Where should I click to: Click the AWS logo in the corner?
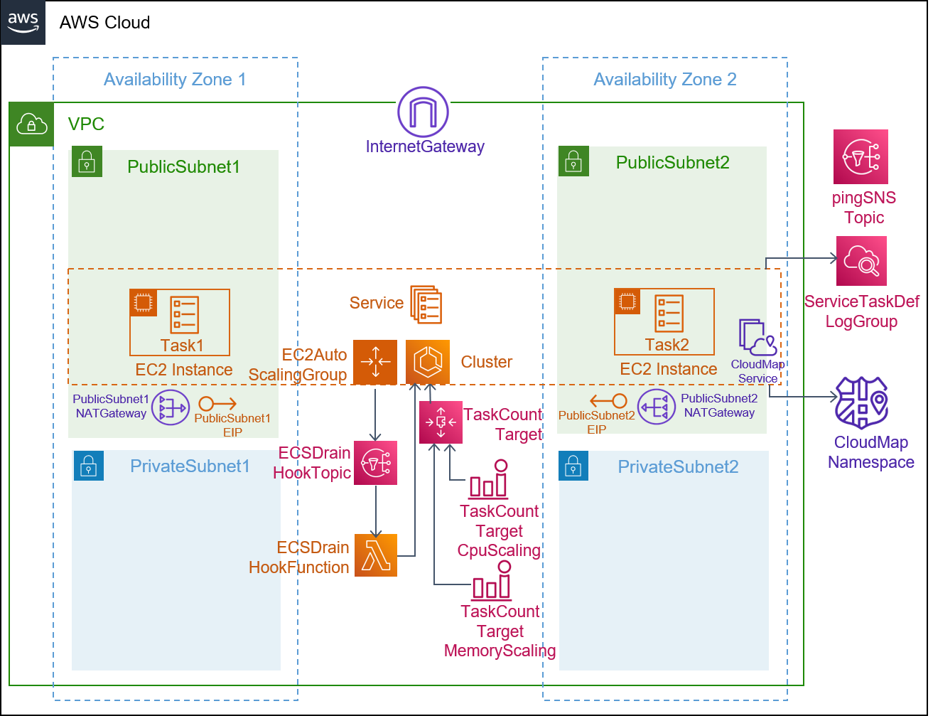point(23,22)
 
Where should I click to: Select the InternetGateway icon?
point(424,112)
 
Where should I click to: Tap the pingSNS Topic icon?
point(861,157)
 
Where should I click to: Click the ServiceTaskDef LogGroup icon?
point(861,261)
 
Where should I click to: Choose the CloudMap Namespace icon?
point(862,403)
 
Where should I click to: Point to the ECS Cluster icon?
point(428,362)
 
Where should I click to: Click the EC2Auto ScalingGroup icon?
point(375,362)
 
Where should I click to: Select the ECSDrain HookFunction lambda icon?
point(376,555)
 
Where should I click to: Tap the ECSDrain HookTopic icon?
point(376,463)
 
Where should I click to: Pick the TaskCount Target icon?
point(441,422)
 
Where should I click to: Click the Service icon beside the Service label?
point(426,304)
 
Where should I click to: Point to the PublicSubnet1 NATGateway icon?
point(171,407)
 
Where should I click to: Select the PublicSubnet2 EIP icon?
point(608,401)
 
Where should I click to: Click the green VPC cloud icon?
point(32,124)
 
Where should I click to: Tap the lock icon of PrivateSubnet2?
point(573,466)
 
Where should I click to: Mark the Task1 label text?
point(182,346)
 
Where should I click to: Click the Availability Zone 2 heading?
point(665,80)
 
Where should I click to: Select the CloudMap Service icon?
point(757,338)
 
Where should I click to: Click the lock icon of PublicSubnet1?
point(87,161)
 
